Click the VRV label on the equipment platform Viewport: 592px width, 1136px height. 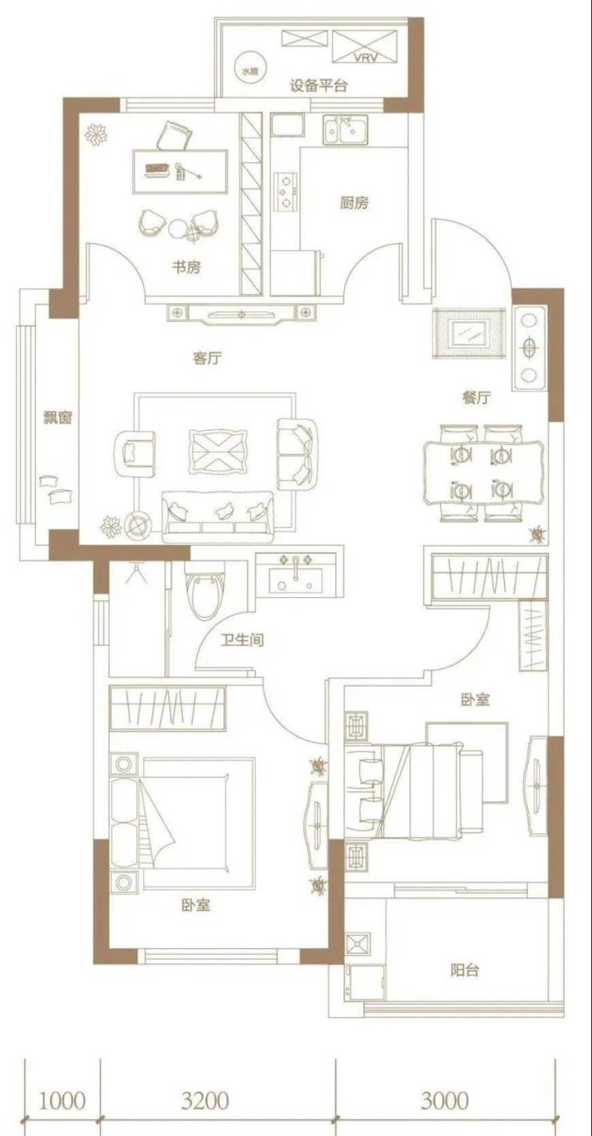(x=366, y=58)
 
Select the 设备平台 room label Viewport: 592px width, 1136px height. (x=318, y=86)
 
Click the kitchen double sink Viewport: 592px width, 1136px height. (x=346, y=130)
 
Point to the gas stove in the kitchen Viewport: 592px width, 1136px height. (x=285, y=191)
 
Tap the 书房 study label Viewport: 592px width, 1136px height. (x=186, y=267)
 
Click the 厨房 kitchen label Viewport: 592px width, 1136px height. (x=354, y=203)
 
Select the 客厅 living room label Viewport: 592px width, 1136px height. (x=207, y=359)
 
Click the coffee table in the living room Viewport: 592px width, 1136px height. (x=218, y=452)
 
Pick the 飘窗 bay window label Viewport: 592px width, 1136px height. (x=58, y=417)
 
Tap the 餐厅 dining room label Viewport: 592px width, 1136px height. (x=477, y=397)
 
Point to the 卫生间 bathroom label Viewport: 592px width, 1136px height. (x=242, y=640)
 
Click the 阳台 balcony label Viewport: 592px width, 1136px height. (x=465, y=971)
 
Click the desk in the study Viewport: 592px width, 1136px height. (x=180, y=171)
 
